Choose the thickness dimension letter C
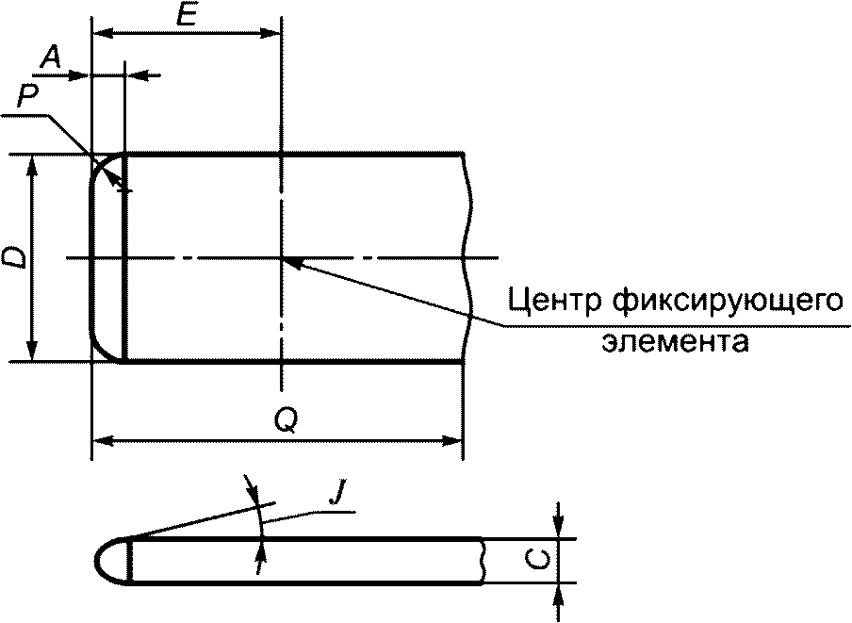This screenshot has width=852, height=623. coord(532,561)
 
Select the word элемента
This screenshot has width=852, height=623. coord(675,340)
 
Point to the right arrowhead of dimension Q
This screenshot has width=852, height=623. coord(456,439)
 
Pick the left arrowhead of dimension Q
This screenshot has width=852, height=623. coord(98,439)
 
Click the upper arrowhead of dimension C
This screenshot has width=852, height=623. coord(559,532)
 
